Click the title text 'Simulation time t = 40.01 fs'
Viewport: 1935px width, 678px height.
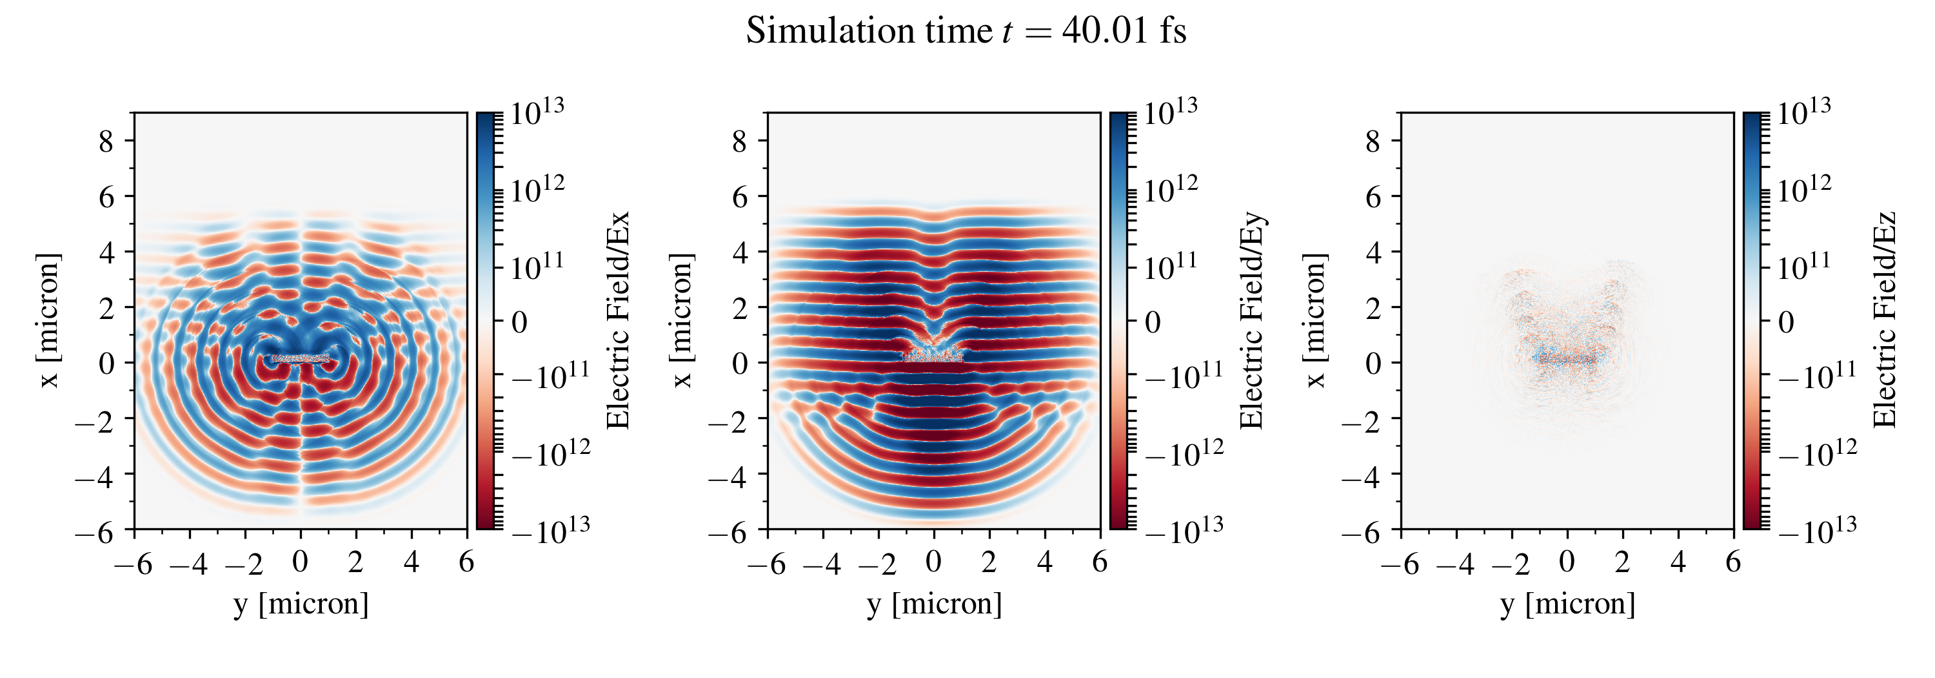click(966, 32)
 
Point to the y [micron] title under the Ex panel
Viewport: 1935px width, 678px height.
click(301, 604)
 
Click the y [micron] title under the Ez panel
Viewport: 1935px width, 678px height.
click(1567, 604)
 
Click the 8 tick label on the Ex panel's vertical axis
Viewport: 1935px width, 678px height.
click(106, 141)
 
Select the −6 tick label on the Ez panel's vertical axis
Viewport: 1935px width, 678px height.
click(1362, 532)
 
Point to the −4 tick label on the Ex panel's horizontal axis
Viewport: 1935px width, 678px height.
click(188, 563)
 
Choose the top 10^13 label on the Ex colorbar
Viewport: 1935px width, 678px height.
click(537, 113)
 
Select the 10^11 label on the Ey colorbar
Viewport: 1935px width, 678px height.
click(1170, 267)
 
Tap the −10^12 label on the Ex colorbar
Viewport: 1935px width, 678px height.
click(551, 453)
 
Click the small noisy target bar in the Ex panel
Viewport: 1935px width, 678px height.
click(301, 358)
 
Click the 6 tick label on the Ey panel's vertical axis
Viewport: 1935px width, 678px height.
click(740, 197)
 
